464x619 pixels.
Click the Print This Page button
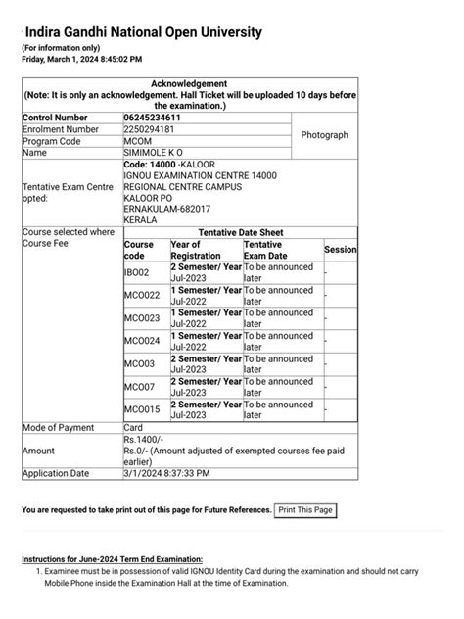[305, 510]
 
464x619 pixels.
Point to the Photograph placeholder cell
[324, 135]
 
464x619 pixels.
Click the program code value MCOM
[137, 141]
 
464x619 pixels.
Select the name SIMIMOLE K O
[153, 153]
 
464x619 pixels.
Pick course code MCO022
[141, 295]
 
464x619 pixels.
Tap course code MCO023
[141, 317]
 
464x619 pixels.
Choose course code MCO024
[141, 341]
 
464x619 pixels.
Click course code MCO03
[138, 363]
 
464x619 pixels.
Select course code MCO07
[138, 386]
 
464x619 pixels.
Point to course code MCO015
[141, 409]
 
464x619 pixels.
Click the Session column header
[340, 250]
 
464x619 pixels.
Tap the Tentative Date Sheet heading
[239, 232]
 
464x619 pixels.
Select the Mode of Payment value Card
[133, 427]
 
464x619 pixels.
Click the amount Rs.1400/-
[143, 440]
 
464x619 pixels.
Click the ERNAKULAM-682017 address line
[167, 208]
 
